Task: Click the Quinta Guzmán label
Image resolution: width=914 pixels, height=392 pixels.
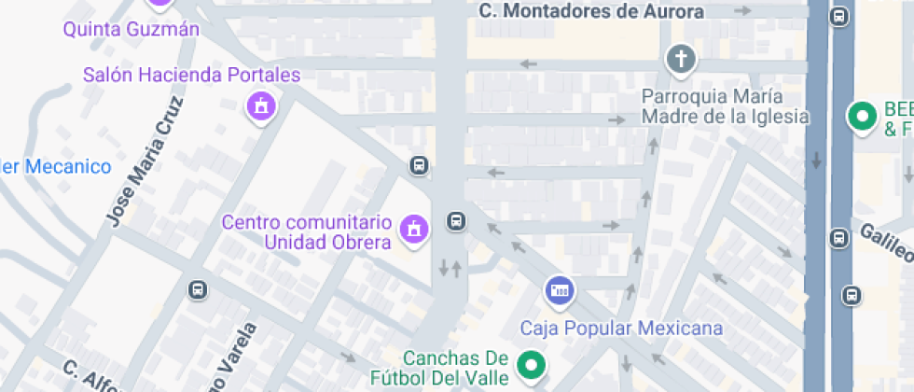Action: (x=132, y=29)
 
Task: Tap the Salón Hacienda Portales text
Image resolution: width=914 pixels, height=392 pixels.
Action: (x=191, y=75)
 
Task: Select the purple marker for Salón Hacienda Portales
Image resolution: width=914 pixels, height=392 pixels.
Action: (x=261, y=106)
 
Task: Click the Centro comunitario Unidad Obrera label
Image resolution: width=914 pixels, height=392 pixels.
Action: (x=306, y=232)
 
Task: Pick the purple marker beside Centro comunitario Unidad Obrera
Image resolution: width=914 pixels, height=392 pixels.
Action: (x=412, y=229)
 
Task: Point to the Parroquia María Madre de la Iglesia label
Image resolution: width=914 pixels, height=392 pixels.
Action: (x=725, y=106)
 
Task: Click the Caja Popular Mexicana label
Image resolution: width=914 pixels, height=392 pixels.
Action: (x=621, y=328)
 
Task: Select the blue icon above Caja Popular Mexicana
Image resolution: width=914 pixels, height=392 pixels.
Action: (x=560, y=290)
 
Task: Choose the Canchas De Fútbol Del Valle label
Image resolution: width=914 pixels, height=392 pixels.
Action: (x=455, y=368)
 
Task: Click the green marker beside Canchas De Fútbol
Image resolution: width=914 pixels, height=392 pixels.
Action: (x=532, y=365)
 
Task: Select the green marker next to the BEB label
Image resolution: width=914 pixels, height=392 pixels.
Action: (x=861, y=117)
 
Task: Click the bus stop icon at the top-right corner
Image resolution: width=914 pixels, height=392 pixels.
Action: (x=838, y=16)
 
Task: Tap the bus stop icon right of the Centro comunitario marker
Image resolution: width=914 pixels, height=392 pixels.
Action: (x=456, y=221)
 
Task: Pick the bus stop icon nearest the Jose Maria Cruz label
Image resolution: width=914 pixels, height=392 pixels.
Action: (x=198, y=289)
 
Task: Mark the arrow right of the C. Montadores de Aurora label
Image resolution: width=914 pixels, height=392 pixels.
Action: (x=743, y=11)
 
